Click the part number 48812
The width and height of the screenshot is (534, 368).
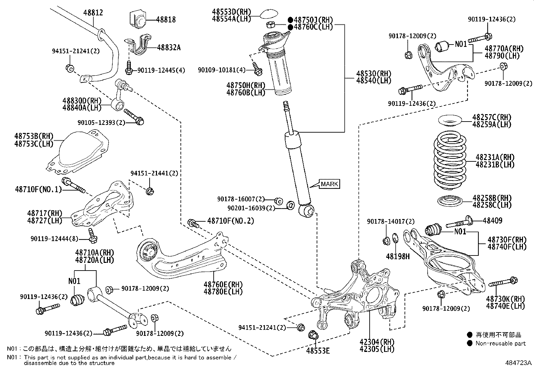tap(93, 13)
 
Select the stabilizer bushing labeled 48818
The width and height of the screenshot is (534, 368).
tap(138, 19)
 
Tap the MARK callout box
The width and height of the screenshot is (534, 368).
tap(329, 184)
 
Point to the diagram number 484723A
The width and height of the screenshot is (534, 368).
tap(518, 363)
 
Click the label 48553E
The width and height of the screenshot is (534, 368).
tap(318, 351)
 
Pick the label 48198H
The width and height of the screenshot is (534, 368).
tap(398, 256)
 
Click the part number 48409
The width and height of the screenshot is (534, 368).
tap(492, 221)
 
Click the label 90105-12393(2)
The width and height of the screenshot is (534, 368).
tap(101, 123)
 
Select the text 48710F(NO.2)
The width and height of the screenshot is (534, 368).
tap(230, 221)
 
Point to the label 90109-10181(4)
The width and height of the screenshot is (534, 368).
tap(222, 70)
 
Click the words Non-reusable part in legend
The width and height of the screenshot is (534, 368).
tap(500, 343)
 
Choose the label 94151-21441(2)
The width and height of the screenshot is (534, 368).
tap(154, 173)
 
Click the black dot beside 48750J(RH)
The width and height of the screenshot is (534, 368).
tap(290, 20)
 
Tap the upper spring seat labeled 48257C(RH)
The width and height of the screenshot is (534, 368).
tap(450, 121)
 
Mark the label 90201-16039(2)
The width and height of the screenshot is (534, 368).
tap(251, 208)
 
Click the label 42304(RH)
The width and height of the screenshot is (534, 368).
tap(377, 342)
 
